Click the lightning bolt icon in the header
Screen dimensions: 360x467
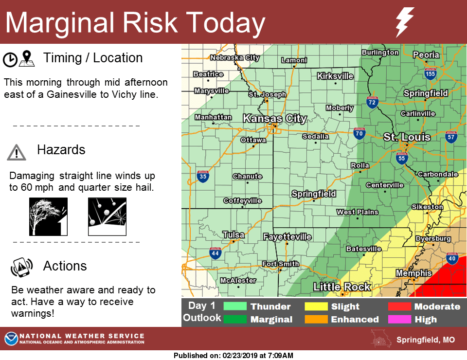[x=404, y=22]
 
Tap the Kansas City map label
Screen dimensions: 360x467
[x=274, y=118]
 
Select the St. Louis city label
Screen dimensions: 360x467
[x=407, y=137]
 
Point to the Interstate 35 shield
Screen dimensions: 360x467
[x=203, y=176]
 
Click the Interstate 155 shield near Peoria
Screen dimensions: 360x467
[x=430, y=73]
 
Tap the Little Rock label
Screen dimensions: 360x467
[x=342, y=287]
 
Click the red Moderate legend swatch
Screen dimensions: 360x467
[x=399, y=306]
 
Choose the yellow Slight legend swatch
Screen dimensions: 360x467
[x=316, y=306]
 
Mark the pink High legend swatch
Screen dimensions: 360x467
[x=399, y=320]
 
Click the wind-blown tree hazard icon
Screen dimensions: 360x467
[x=48, y=216]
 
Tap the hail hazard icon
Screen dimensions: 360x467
[x=107, y=216]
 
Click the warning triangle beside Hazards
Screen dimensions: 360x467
[x=17, y=152]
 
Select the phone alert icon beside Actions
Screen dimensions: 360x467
[x=21, y=267]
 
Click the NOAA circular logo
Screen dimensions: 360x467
[x=11, y=339]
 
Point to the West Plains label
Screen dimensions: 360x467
[x=357, y=212]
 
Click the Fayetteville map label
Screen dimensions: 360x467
[x=287, y=237]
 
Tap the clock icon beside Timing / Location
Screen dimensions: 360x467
[x=9, y=59]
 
